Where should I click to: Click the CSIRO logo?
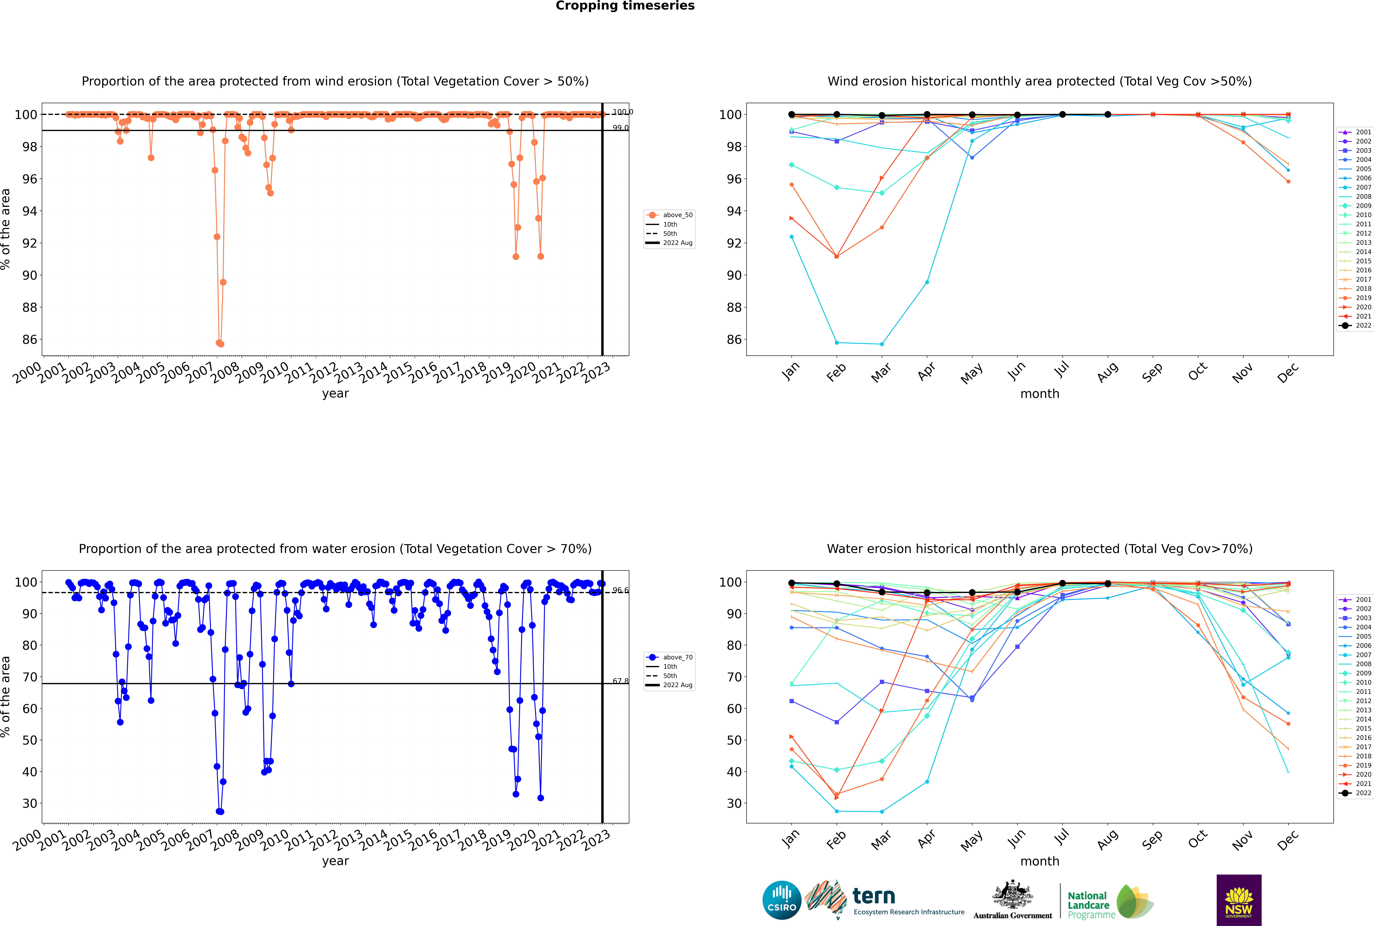[x=781, y=900]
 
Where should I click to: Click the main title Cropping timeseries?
[x=625, y=6]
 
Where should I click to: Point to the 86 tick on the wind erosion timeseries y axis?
[x=29, y=340]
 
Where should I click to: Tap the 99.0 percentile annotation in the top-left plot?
[x=620, y=128]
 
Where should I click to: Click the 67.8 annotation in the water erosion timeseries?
[x=620, y=681]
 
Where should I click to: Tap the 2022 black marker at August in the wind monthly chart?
[x=1108, y=115]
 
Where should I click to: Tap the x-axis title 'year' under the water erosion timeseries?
[x=335, y=861]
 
